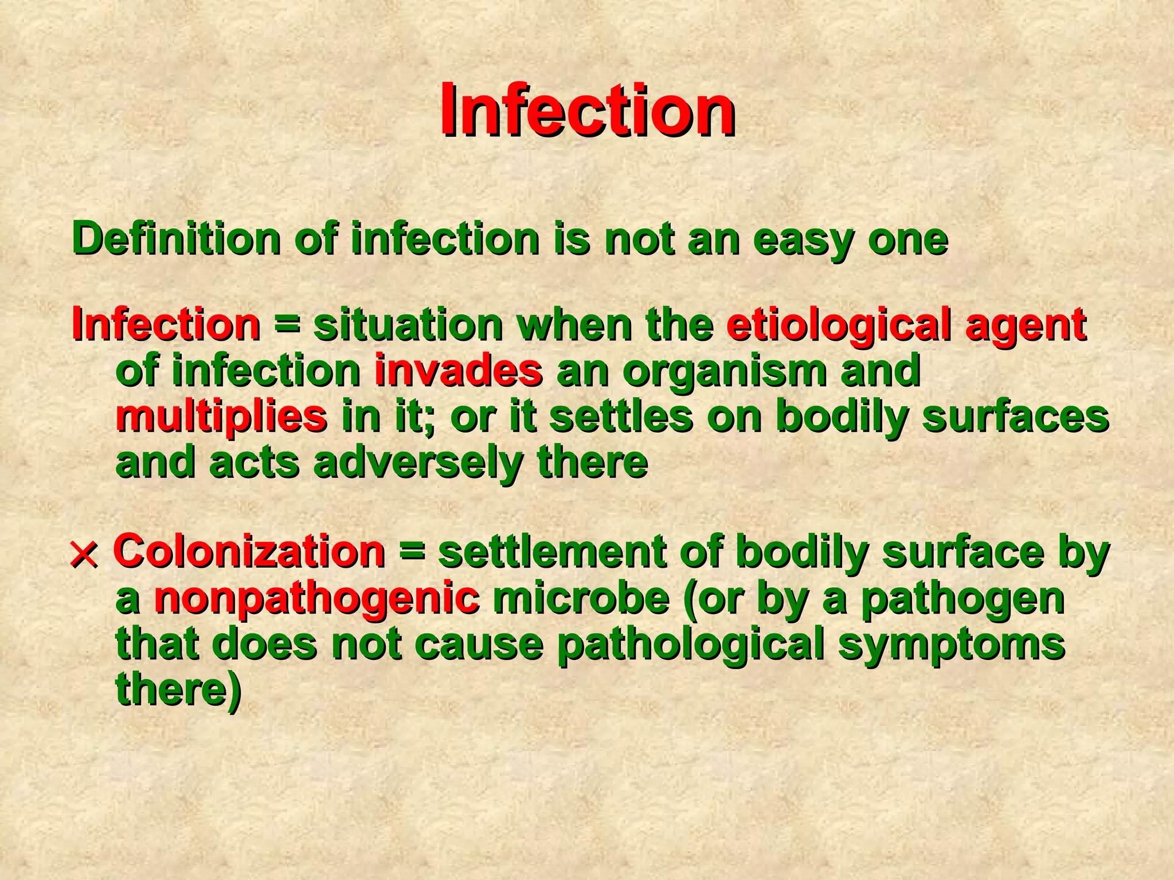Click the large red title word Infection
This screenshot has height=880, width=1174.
[x=588, y=110]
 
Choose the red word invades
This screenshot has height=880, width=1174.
[x=458, y=371]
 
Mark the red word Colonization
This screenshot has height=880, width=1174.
[x=249, y=551]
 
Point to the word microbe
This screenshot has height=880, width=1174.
[x=581, y=598]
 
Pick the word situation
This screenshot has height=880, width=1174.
[x=408, y=325]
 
